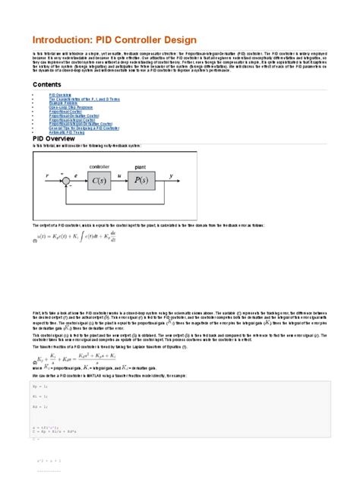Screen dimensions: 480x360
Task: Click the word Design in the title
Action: click(x=177, y=39)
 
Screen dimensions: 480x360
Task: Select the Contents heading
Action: click(x=47, y=84)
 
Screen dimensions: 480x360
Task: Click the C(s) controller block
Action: click(x=99, y=180)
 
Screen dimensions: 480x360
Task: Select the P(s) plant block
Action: click(x=141, y=180)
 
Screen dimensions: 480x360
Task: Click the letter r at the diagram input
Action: click(x=47, y=175)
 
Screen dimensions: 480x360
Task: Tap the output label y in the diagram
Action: click(x=172, y=175)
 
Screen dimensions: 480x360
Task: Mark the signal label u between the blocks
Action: click(x=120, y=175)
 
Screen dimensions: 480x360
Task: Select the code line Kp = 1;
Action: click(x=41, y=387)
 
